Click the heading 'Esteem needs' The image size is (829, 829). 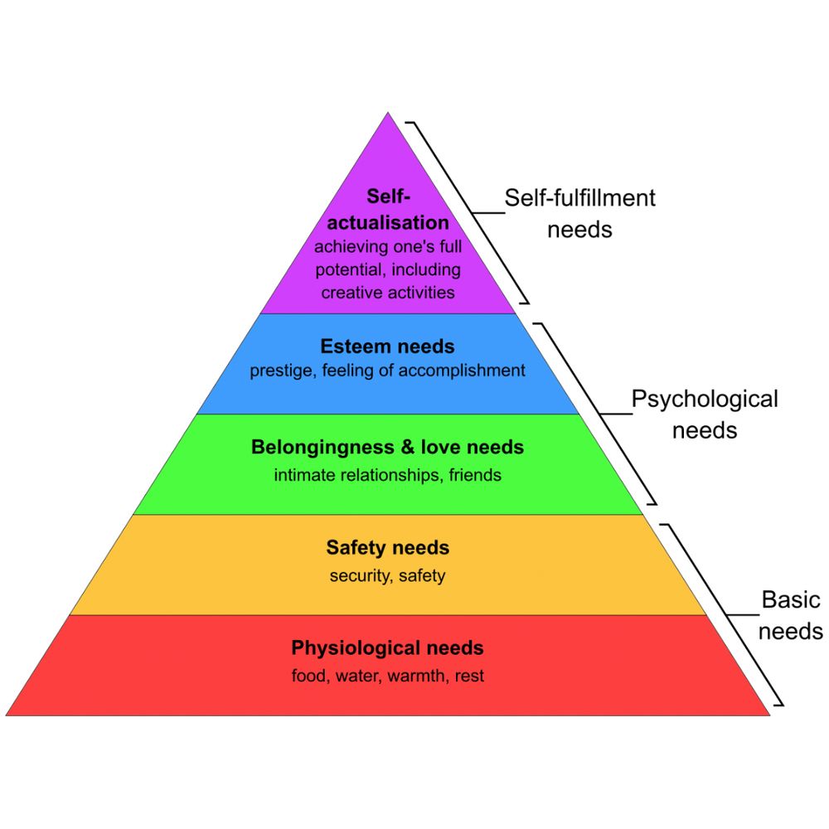(387, 347)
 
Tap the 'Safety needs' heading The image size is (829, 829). (387, 547)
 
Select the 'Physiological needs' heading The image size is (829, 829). (387, 647)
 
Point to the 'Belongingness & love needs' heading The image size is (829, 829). (387, 448)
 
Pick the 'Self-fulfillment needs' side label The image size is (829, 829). (580, 213)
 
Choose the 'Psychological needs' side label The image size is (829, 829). (705, 414)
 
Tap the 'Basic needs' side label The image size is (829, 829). (791, 615)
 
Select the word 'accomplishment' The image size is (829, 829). (462, 371)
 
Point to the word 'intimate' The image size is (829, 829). (304, 476)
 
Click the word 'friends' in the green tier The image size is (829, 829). (475, 476)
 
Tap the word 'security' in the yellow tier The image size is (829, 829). (359, 576)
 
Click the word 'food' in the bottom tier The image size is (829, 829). (309, 676)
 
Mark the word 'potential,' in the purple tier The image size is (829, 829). (350, 269)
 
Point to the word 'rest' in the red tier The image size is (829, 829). (469, 676)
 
